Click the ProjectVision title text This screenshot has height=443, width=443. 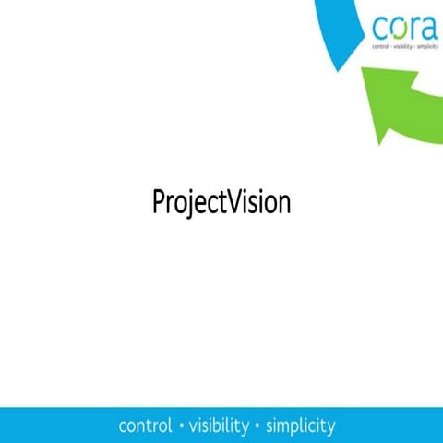221,202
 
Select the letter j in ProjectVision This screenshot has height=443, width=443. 186,204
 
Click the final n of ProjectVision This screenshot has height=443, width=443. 283,204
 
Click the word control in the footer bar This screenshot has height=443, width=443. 146,426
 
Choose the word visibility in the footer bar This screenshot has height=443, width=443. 219,426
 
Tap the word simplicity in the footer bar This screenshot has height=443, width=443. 300,426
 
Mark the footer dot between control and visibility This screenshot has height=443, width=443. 182,426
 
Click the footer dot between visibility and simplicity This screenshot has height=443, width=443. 257,426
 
